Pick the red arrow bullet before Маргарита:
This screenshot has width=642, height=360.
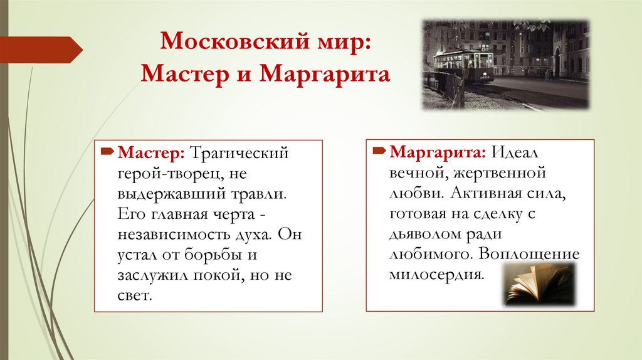[x=379, y=152]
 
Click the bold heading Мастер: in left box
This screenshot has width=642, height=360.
[x=151, y=152]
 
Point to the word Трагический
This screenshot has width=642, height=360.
[x=239, y=152]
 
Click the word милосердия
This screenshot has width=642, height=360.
[x=437, y=275]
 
